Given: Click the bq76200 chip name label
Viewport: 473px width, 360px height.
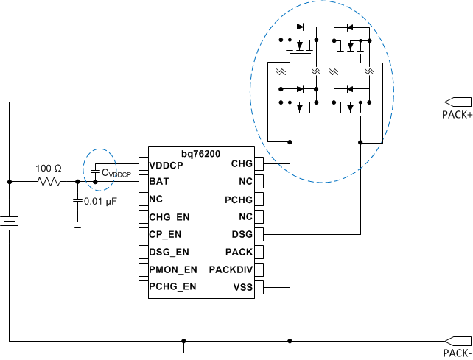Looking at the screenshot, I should point(201,151).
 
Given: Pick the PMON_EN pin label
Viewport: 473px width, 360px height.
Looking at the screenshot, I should point(173,269).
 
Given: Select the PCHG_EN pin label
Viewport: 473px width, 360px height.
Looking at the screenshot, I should point(173,287).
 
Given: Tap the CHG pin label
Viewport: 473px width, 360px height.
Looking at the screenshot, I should point(242,163).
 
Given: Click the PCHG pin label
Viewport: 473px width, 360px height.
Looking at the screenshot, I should point(239,199).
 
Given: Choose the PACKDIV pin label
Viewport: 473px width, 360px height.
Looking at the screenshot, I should point(231,269).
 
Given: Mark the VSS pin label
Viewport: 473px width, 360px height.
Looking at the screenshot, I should point(242,287).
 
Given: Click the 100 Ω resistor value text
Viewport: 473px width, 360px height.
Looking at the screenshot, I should point(49,169).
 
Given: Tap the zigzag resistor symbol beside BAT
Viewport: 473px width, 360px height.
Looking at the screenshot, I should point(49,181).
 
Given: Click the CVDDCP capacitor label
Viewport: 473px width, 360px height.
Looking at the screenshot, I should point(116,173).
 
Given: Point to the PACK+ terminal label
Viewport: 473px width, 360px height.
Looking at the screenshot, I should point(456,116).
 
